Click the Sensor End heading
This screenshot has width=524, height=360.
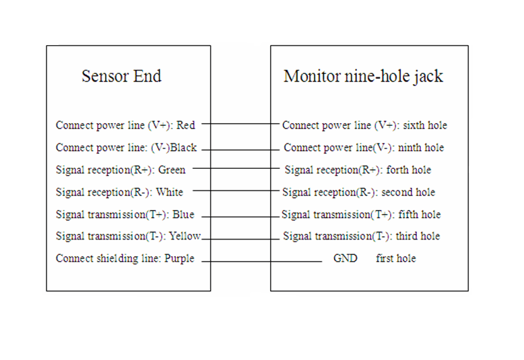pos(121,76)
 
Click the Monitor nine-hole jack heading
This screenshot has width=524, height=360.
pos(363,77)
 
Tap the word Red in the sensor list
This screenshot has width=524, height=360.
pos(185,125)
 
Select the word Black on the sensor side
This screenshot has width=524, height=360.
pos(183,147)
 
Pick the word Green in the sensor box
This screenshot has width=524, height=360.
pos(172,170)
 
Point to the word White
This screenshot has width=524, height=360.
pos(170,192)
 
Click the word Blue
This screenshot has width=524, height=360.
pos(183,214)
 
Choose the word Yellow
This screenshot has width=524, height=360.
pos(185,236)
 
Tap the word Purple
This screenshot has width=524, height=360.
pos(179,259)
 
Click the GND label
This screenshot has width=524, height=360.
pos(346,258)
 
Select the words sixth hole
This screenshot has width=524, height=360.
pos(425,125)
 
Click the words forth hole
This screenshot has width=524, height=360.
pos(408,170)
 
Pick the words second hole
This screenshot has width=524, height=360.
pos(408,192)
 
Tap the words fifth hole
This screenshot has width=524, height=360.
pos(420,214)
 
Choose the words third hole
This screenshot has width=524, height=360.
pos(418,236)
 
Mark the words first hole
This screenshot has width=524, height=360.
pos(396,258)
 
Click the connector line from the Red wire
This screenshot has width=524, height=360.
pos(240,124)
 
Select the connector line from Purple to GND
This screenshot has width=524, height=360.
pos(262,261)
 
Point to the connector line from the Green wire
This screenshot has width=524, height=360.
pos(236,168)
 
